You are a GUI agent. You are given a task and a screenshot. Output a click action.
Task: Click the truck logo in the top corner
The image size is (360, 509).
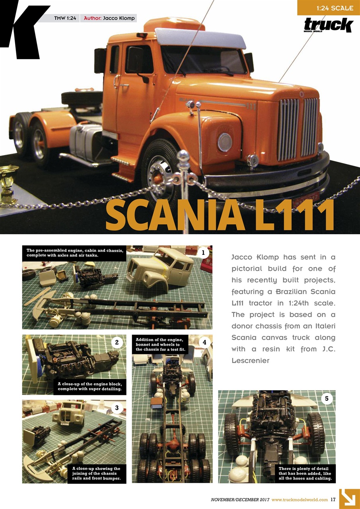coord(329,26)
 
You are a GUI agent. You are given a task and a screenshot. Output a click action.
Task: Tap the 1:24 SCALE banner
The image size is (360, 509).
coord(329,8)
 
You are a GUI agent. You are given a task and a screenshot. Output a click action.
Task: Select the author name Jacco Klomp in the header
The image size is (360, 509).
coord(119,18)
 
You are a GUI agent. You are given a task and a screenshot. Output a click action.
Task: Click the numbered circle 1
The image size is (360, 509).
coord(203,253)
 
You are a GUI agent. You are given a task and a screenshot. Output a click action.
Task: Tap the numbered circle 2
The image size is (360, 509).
coord(117,342)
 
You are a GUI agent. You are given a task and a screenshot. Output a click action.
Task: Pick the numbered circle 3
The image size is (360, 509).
coord(117,407)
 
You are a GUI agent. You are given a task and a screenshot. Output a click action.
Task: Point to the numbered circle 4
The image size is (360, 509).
coord(204,342)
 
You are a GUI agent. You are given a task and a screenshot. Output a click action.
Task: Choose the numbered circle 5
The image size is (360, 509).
coord(327,398)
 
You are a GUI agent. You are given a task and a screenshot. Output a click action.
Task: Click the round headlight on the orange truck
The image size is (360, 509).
coord(225,142)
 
